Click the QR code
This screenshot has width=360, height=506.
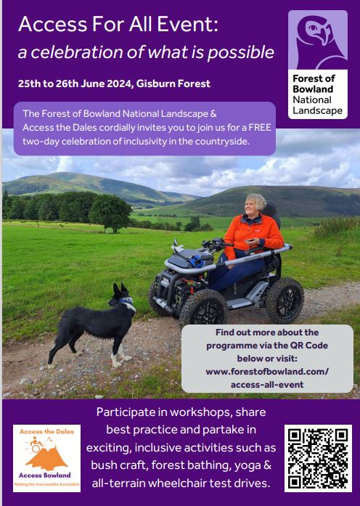(318, 458)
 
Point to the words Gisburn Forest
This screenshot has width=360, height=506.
(173, 83)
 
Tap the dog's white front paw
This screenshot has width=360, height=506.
(116, 364)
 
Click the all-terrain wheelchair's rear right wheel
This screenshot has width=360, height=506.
(284, 300)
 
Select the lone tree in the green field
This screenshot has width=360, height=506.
(110, 212)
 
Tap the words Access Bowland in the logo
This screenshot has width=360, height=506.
(44, 475)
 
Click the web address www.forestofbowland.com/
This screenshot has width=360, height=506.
(267, 372)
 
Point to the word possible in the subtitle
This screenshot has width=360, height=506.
(241, 52)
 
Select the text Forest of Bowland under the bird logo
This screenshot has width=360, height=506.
(314, 83)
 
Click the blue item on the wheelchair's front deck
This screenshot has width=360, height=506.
(196, 261)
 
